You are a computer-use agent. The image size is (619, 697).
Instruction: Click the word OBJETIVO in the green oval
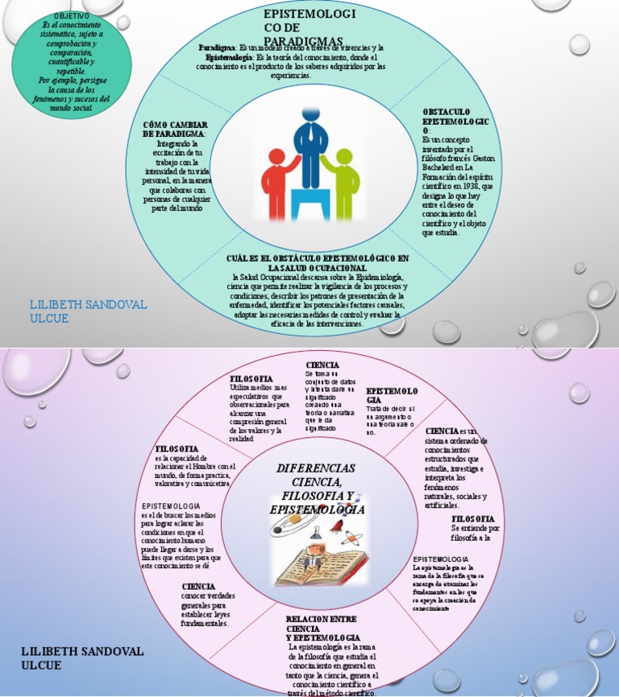71,16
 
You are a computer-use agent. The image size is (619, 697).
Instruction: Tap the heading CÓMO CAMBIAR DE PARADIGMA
175,129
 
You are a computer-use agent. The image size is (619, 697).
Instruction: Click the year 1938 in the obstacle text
471,184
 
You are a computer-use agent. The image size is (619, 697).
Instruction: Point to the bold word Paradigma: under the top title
217,48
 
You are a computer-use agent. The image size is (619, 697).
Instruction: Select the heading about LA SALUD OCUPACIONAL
317,262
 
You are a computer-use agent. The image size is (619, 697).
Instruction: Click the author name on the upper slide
77,311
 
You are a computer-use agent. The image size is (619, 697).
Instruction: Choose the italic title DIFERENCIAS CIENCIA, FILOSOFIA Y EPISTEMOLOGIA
316,488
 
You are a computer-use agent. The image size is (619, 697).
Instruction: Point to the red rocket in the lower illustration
336,525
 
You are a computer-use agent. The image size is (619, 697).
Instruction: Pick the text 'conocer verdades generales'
208,600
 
